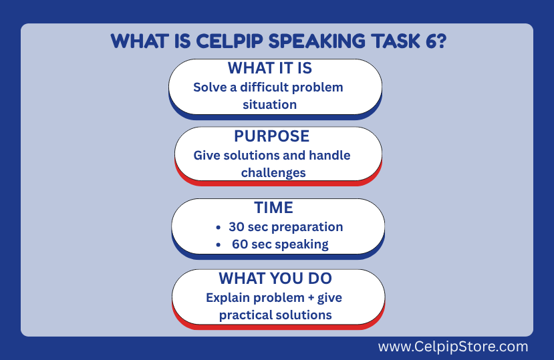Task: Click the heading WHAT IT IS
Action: tap(270, 68)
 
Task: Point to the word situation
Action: tap(269, 105)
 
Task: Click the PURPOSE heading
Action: tap(272, 136)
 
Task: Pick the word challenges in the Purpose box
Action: tap(273, 173)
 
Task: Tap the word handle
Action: tap(329, 155)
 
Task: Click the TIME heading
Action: tap(274, 207)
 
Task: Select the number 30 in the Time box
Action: tap(237, 227)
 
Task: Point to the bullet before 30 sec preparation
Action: tap(219, 228)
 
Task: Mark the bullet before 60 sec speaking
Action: tap(219, 245)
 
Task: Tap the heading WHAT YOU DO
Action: tap(275, 279)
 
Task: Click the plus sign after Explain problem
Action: tap(311, 298)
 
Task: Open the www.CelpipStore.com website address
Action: tap(453, 347)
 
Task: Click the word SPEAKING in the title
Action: tap(317, 41)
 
